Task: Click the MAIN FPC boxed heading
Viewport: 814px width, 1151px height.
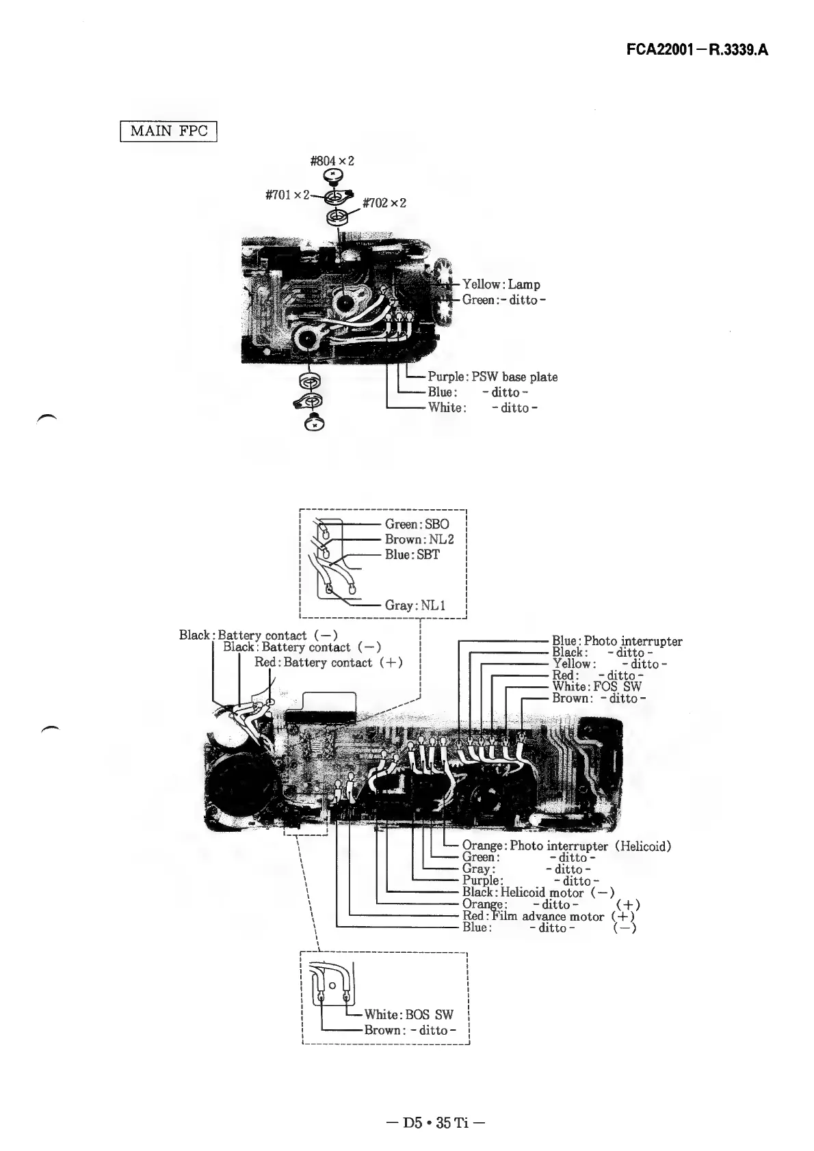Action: point(168,130)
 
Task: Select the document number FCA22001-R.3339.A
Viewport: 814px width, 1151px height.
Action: point(697,51)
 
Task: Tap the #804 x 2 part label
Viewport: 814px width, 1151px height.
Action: point(332,161)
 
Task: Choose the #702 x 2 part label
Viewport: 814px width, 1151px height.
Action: point(384,204)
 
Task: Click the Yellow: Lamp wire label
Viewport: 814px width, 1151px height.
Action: point(501,284)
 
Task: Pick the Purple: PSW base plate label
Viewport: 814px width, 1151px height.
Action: point(493,377)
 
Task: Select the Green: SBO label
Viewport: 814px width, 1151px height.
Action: point(417,524)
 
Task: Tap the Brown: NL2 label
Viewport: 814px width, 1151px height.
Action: point(419,539)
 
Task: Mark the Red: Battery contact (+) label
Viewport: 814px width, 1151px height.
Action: point(328,662)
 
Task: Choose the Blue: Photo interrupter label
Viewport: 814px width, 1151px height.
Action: point(617,641)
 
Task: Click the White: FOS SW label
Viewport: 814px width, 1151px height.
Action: point(596,686)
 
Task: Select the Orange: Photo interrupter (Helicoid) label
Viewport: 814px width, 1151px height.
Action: point(566,846)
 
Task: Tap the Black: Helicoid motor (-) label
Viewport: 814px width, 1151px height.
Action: point(538,893)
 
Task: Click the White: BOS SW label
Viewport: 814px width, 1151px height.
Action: point(408,1014)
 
